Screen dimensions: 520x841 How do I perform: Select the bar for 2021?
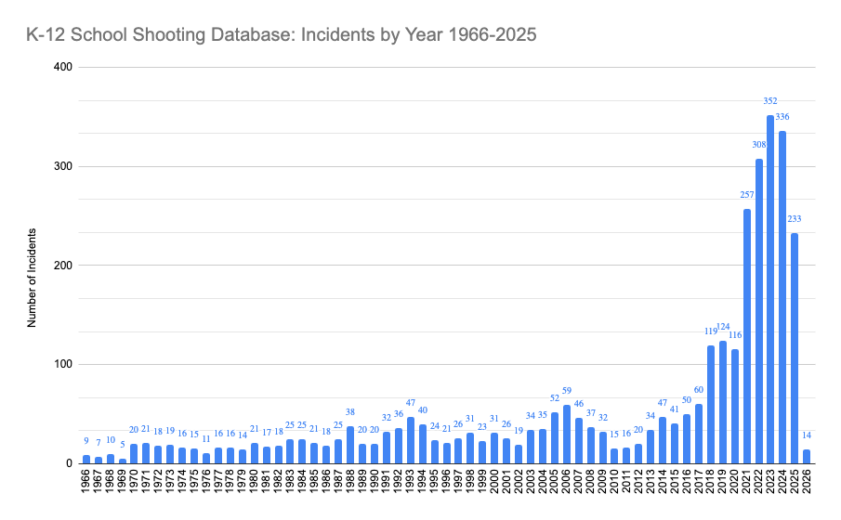coord(746,336)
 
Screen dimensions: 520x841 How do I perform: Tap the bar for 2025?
coord(795,348)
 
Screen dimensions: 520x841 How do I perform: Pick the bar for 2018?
coord(711,405)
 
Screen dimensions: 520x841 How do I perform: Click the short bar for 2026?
coord(807,456)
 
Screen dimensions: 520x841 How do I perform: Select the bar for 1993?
coord(411,440)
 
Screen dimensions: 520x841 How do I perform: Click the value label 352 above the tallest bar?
coord(770,100)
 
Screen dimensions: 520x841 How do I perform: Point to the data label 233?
coord(795,219)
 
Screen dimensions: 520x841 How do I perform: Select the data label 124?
coord(723,327)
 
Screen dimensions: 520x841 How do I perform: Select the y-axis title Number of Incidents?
coord(32,277)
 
